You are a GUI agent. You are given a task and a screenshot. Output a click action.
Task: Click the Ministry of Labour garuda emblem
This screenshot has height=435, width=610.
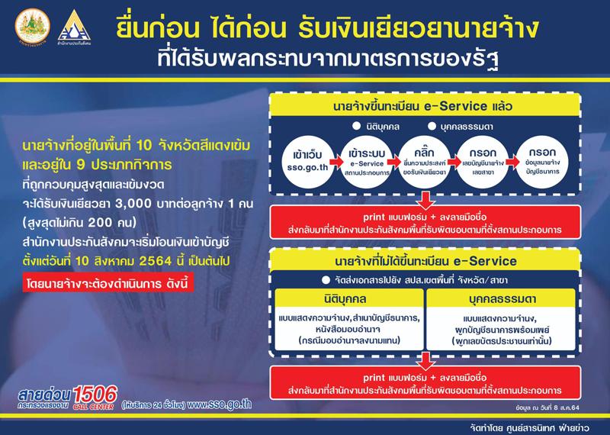tap(32, 26)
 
